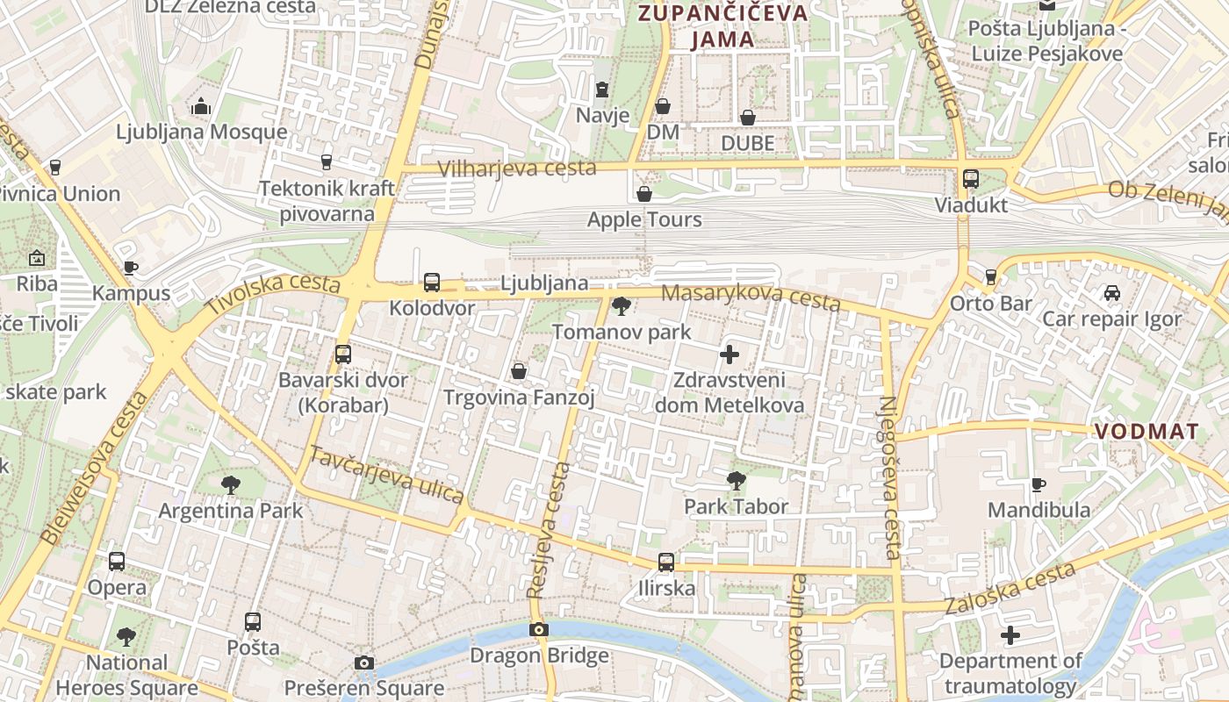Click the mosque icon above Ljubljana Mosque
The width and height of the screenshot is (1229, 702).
pyautogui.click(x=201, y=107)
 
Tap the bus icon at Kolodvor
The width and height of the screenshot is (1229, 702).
pyautogui.click(x=432, y=283)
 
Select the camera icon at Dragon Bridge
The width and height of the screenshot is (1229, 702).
pyautogui.click(x=539, y=629)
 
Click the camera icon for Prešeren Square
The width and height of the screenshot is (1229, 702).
pyautogui.click(x=364, y=663)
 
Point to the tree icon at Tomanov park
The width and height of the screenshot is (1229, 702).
pyautogui.click(x=622, y=306)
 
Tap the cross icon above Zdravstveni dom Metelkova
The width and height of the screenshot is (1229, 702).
pyautogui.click(x=729, y=355)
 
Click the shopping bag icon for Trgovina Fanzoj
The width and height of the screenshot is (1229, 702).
pyautogui.click(x=519, y=371)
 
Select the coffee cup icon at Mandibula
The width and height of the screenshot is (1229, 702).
pyautogui.click(x=1039, y=484)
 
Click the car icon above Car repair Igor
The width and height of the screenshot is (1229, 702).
pyautogui.click(x=1111, y=292)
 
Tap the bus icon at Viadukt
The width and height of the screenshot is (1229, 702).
pyautogui.click(x=971, y=178)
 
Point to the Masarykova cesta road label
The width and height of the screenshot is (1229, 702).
pyautogui.click(x=751, y=297)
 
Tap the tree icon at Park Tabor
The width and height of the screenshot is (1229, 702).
pyautogui.click(x=737, y=480)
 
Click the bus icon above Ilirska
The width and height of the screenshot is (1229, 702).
pyautogui.click(x=666, y=562)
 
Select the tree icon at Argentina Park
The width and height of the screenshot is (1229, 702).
pyautogui.click(x=231, y=484)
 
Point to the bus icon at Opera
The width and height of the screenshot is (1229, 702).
pyautogui.click(x=117, y=561)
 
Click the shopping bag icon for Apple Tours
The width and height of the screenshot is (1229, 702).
pyautogui.click(x=644, y=193)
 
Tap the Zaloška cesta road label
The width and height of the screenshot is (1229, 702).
pyautogui.click(x=1010, y=590)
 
